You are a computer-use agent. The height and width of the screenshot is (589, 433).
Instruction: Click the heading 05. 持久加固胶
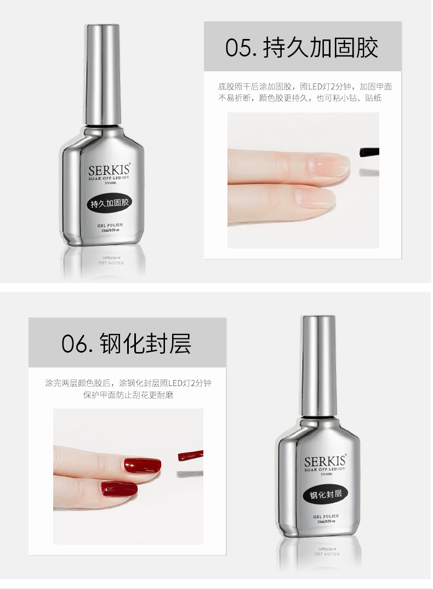(x=302, y=48)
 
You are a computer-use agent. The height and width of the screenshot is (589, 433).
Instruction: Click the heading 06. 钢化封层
(x=127, y=343)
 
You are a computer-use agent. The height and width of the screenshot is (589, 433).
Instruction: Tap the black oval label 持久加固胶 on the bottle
(x=110, y=203)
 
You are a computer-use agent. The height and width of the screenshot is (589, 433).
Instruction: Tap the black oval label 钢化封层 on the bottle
(x=326, y=495)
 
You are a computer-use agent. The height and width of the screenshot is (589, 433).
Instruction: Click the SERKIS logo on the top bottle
(x=110, y=170)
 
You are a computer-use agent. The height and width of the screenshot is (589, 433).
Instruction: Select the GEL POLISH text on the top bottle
(x=110, y=225)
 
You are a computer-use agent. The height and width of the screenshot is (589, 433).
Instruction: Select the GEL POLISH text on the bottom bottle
(x=326, y=516)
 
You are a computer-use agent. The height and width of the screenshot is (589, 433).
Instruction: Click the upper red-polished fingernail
(x=141, y=466)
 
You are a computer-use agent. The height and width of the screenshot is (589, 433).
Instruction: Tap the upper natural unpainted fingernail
(x=329, y=164)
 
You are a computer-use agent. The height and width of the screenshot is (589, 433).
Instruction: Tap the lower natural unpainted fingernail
(x=315, y=197)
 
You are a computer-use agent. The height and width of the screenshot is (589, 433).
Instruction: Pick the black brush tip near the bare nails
(x=369, y=151)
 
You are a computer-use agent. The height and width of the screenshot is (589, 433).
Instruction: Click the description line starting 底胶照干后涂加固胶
(x=305, y=87)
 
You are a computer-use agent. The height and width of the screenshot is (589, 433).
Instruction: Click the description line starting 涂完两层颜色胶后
(x=128, y=383)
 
